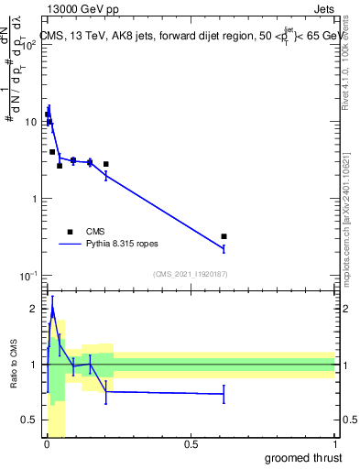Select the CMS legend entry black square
pyautogui.click(x=70, y=232)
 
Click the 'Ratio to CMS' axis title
pyautogui.click(x=13, y=365)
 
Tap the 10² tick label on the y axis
pyautogui.click(x=30, y=43)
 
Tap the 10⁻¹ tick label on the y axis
pyautogui.click(x=29, y=276)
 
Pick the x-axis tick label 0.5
pyautogui.click(x=191, y=444)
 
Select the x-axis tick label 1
pyautogui.click(x=334, y=444)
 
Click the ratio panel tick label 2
pyautogui.click(x=35, y=309)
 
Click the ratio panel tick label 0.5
pyautogui.click(x=31, y=420)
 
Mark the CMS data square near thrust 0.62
pyautogui.click(x=224, y=236)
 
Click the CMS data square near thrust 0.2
pyautogui.click(x=106, y=164)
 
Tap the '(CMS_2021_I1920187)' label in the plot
pyautogui.click(x=190, y=274)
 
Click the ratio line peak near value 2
pyautogui.click(x=52, y=310)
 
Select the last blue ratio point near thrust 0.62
pyautogui.click(x=224, y=394)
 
